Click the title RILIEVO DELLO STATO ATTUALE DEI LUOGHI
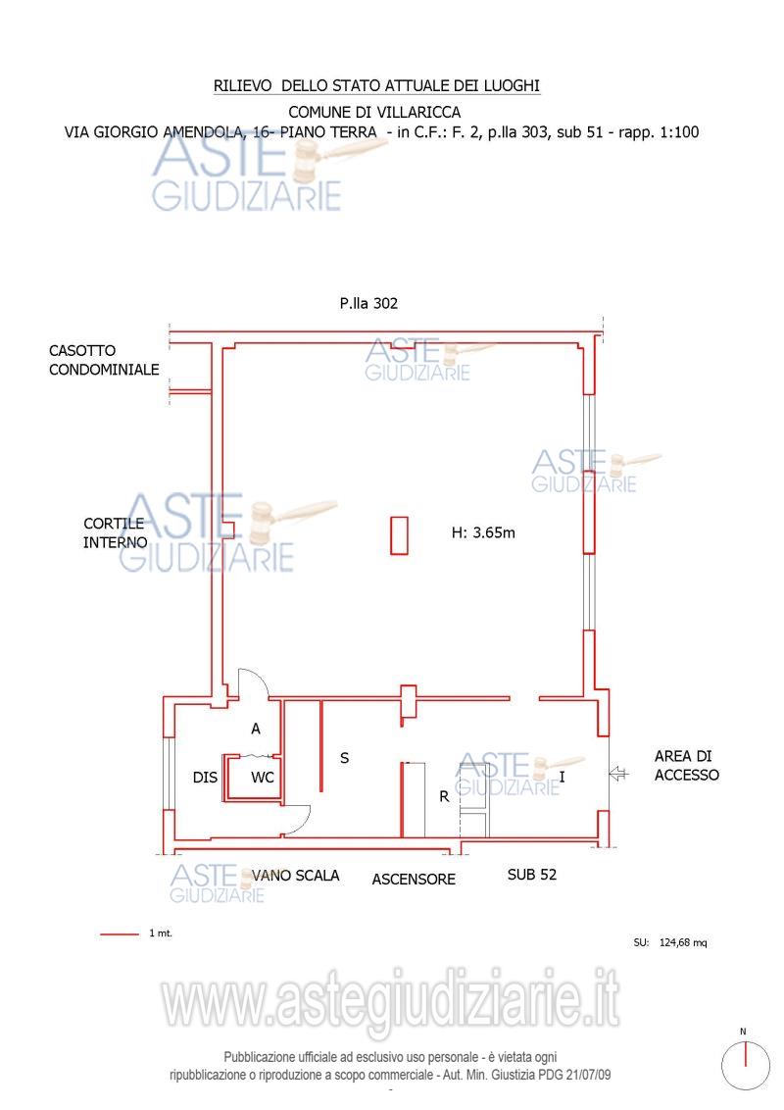[376, 85]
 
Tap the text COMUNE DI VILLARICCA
[374, 112]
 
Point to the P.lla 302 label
[368, 304]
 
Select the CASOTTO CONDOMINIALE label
[104, 360]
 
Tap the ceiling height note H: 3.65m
[483, 532]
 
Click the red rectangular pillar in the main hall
[400, 535]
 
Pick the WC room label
[263, 778]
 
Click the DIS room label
[205, 778]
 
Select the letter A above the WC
[256, 729]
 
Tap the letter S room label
[345, 758]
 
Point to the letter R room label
[444, 796]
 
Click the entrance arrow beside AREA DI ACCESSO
[619, 774]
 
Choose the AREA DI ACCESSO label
[686, 766]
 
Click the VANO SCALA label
[296, 876]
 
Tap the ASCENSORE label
[414, 880]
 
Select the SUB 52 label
[532, 875]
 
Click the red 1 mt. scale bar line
[120, 934]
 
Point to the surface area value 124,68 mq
[683, 943]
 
